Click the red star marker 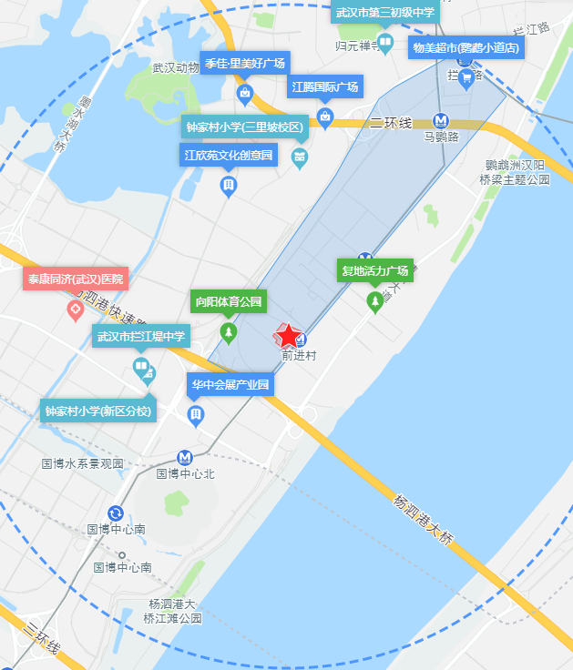(x=287, y=336)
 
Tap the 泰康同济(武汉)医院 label (x=75, y=279)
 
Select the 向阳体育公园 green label (x=228, y=301)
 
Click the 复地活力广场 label (x=374, y=270)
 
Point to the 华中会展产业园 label (x=230, y=384)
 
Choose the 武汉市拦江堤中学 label (x=141, y=337)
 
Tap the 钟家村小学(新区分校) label (x=98, y=411)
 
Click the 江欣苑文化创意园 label (x=229, y=156)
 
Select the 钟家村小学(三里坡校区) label (x=244, y=127)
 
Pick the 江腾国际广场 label (x=325, y=87)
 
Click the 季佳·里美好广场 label (x=245, y=64)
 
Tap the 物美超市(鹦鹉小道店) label (x=466, y=47)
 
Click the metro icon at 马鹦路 (x=441, y=119)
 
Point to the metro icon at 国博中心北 (x=185, y=457)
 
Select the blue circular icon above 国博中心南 (x=116, y=513)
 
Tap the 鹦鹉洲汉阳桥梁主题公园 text (x=516, y=172)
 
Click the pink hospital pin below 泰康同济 (x=75, y=310)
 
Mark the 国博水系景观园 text (x=82, y=463)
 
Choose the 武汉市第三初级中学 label (x=385, y=12)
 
